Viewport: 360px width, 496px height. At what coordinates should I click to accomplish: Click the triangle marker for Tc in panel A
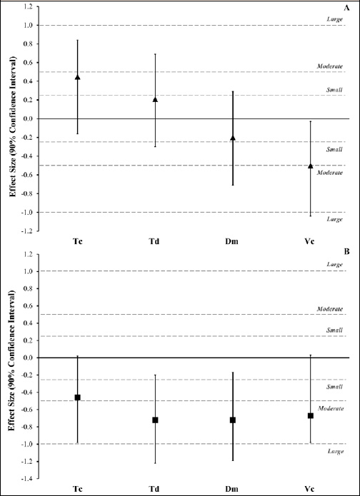(77, 77)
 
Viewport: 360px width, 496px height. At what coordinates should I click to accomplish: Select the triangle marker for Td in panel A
(155, 100)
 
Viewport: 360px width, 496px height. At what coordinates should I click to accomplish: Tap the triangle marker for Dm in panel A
(233, 138)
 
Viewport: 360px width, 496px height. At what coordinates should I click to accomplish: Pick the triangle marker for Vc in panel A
(310, 166)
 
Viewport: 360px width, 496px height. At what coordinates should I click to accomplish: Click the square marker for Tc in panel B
(77, 398)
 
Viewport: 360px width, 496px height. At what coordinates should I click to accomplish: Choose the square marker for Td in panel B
(155, 420)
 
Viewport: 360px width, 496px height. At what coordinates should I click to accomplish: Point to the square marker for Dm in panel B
(233, 420)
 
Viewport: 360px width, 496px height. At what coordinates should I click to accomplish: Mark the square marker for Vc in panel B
(310, 415)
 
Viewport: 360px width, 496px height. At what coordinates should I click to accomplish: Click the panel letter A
(346, 9)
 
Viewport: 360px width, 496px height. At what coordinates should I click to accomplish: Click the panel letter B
(346, 252)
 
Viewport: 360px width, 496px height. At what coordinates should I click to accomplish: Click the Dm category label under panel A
(233, 242)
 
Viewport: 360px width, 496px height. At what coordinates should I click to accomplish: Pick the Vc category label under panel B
(310, 488)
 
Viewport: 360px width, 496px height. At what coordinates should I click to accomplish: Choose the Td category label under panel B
(155, 488)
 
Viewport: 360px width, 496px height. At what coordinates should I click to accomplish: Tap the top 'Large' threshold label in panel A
(334, 19)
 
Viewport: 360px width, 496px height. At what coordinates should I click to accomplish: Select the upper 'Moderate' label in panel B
(330, 309)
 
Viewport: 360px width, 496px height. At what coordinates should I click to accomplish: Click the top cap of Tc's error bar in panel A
(77, 40)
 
